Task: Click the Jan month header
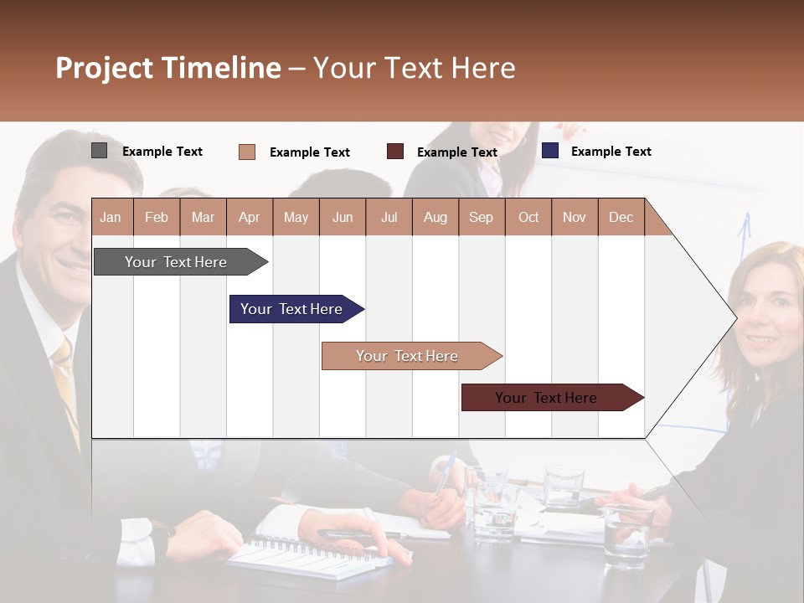tap(111, 217)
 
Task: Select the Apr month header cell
tap(249, 217)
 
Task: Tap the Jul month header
tap(389, 217)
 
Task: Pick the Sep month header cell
tap(481, 217)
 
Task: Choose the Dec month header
tap(621, 217)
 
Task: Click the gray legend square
tap(100, 151)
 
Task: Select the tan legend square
tap(247, 152)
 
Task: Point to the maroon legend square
tap(395, 151)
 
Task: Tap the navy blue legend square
tap(550, 151)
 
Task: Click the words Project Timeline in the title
tap(168, 68)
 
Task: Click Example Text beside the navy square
tap(611, 152)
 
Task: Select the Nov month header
tap(574, 217)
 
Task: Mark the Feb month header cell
tap(157, 217)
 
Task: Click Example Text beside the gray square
tap(162, 152)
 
